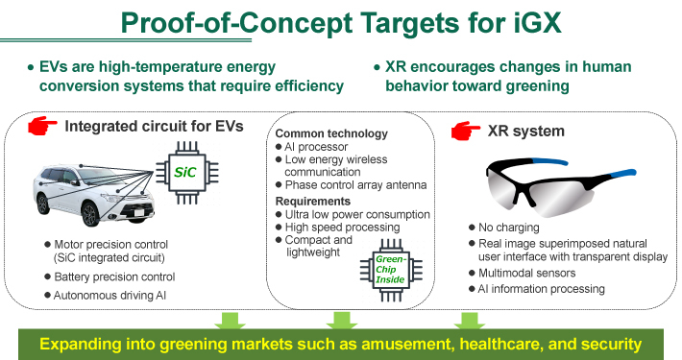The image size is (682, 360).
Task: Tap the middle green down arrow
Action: click(x=337, y=320)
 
